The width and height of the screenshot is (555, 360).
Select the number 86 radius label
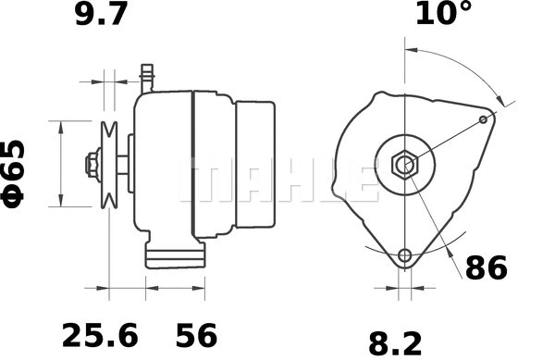486,268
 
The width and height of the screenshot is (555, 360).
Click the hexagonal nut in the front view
404,166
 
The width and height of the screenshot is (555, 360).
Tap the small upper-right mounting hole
485,119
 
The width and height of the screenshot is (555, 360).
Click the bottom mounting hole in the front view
404,256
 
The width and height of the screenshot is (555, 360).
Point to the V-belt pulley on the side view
110,165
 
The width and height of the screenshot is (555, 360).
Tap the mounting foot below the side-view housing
175,255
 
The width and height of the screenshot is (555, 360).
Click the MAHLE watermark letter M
208,178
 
